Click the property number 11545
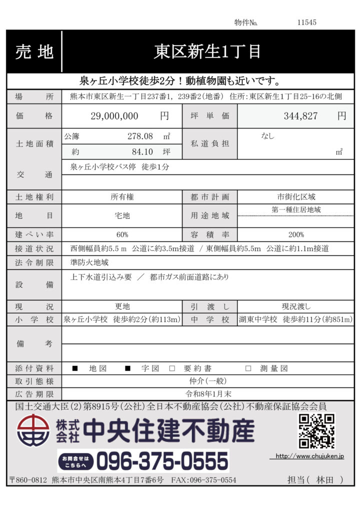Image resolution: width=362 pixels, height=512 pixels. click(x=306, y=22)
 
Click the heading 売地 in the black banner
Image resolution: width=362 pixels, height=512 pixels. click(x=34, y=52)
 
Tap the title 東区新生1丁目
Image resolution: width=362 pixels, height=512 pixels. click(x=206, y=52)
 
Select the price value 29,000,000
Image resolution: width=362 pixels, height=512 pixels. click(x=114, y=116)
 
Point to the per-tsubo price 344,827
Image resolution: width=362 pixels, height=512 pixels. click(x=300, y=116)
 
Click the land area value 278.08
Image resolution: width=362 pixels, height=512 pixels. click(x=140, y=136)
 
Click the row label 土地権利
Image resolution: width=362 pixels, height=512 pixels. click(x=34, y=197)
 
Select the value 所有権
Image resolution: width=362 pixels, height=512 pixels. click(x=122, y=197)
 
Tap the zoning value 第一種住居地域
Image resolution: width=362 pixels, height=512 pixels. click(x=296, y=210)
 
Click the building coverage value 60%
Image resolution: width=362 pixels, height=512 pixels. click(x=122, y=234)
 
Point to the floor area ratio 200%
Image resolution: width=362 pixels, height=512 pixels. click(x=296, y=234)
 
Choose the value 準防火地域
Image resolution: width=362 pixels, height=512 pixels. click(x=89, y=262)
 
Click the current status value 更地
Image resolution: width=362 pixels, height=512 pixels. click(x=122, y=306)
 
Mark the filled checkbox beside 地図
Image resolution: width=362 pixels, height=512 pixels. click(x=75, y=368)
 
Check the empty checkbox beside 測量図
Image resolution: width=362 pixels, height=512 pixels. click(x=248, y=368)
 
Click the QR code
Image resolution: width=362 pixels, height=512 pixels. click(x=316, y=431)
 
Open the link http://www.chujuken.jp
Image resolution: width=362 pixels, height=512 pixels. click(x=309, y=456)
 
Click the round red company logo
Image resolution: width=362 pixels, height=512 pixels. click(x=33, y=431)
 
